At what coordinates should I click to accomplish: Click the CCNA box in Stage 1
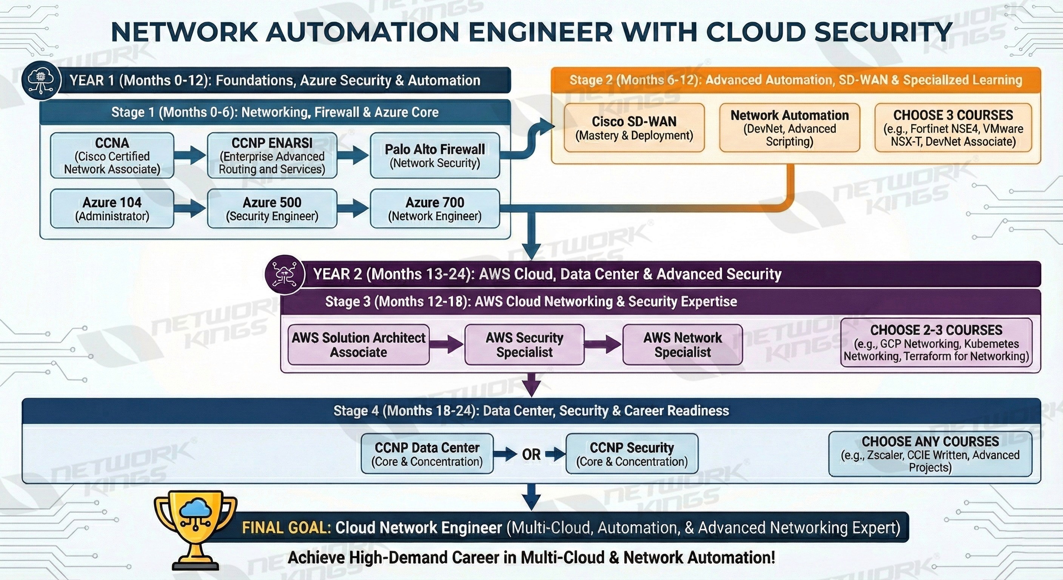[112, 156]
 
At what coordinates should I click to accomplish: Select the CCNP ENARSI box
[272, 156]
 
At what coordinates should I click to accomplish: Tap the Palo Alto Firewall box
[434, 156]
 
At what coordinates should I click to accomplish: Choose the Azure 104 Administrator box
[112, 208]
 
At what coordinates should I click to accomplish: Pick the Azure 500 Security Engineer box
[272, 208]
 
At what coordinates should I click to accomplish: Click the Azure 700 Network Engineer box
[434, 208]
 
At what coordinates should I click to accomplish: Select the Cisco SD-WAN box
[634, 128]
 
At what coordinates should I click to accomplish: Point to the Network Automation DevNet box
[789, 128]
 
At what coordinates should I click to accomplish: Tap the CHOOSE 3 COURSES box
[953, 128]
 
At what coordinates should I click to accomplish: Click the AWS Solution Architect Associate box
[358, 345]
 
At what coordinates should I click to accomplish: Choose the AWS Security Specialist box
[524, 345]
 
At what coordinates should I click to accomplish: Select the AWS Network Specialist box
[682, 345]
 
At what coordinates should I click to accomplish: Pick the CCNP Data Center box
[427, 454]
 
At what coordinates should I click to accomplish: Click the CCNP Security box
[632, 454]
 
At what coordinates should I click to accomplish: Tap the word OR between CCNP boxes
[531, 455]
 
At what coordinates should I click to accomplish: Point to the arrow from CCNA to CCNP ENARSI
[190, 156]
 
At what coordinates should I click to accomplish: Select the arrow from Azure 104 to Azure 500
[190, 208]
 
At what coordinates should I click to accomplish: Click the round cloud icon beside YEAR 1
[42, 80]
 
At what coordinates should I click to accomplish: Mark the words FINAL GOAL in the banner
[286, 528]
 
